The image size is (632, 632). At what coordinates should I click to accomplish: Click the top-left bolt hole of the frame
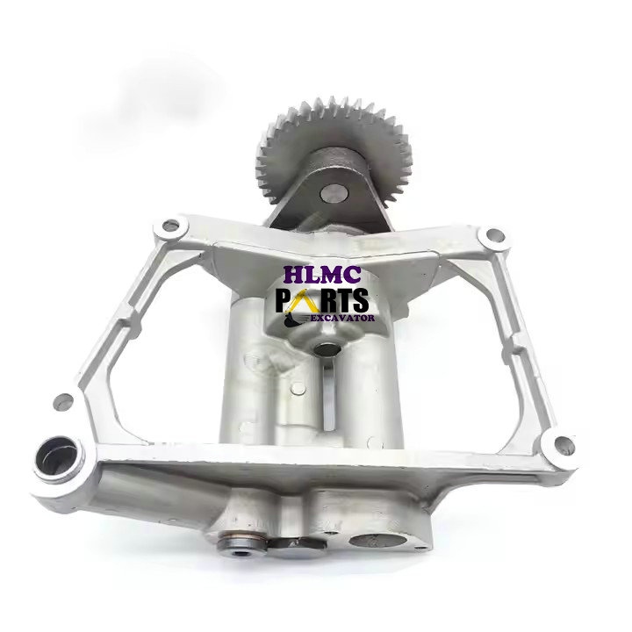170,226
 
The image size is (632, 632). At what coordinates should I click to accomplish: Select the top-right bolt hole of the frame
494,236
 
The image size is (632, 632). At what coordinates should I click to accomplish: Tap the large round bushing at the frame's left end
55,457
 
